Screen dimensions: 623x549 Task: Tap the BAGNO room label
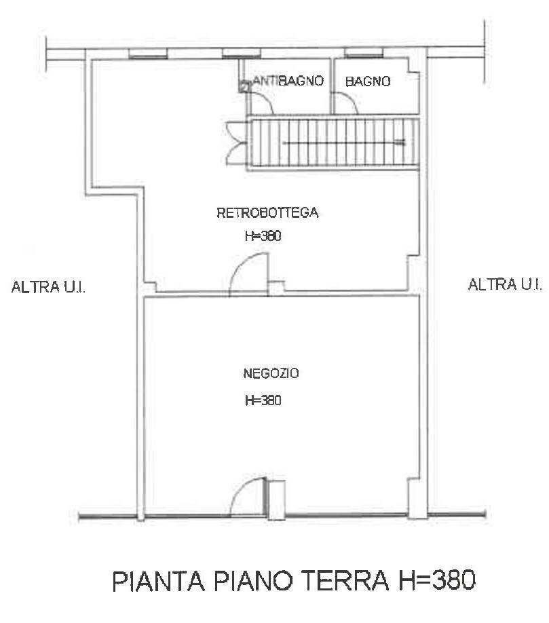368,82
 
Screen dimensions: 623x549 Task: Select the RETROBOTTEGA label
267,213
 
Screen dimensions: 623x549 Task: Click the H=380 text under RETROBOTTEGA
263,237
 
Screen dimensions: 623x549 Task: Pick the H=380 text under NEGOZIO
263,400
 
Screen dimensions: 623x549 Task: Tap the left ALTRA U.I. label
48,288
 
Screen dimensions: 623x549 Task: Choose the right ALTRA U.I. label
505,284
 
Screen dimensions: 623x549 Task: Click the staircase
333,143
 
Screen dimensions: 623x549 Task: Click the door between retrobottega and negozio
248,275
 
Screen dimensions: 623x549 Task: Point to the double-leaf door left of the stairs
234,142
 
